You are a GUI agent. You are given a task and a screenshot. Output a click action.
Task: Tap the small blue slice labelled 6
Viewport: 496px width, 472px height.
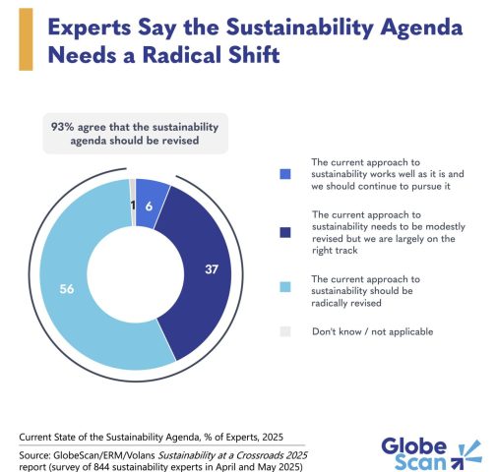tap(151, 204)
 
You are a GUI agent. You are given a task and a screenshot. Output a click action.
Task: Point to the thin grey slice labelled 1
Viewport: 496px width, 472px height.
tap(133, 203)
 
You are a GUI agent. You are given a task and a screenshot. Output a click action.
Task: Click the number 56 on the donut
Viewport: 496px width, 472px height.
tap(67, 289)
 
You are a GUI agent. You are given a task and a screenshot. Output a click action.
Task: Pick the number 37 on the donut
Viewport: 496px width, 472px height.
tap(212, 269)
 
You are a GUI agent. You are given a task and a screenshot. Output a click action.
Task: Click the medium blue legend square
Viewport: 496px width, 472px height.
tap(285, 174)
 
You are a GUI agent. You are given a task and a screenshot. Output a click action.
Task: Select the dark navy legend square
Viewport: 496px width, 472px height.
tap(285, 232)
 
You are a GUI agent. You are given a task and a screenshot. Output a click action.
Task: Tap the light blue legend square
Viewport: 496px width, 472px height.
tap(285, 287)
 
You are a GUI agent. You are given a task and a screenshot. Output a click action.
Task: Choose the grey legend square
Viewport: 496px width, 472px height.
tap(285, 331)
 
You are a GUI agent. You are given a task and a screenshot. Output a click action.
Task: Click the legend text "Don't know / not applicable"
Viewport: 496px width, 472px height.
tap(372, 331)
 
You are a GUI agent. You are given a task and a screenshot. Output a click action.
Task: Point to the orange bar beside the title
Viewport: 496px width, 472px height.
tap(26, 39)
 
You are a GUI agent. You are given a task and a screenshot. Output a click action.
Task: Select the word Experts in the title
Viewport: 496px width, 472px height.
tap(90, 28)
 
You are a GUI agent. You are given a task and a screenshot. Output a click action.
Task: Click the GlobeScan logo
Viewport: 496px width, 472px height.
tap(431, 454)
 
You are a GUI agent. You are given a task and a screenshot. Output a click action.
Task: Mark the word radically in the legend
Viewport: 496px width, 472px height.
tap(328, 303)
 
